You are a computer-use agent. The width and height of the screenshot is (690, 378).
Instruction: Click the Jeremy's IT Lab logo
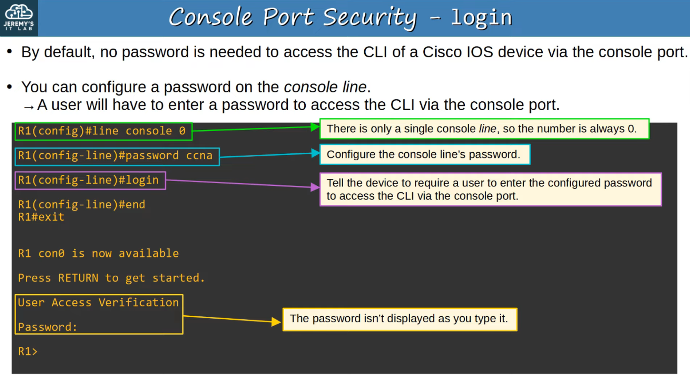point(19,17)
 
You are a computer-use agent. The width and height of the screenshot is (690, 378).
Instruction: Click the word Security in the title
point(369,17)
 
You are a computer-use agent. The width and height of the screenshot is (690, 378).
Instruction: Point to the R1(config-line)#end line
point(81,205)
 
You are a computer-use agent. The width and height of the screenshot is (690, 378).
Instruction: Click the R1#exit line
point(41,217)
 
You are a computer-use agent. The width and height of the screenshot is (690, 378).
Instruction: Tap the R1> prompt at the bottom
point(28,351)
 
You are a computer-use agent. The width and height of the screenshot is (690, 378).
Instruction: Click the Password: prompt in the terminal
point(48,327)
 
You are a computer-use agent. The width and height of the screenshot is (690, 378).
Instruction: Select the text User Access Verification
point(98,303)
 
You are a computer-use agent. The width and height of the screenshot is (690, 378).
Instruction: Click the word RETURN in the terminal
point(78,278)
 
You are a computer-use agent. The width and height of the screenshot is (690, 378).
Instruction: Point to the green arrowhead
point(315,127)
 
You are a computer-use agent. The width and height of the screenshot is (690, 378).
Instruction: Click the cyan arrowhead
point(315,153)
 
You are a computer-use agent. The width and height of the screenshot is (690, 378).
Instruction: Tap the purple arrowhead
point(315,187)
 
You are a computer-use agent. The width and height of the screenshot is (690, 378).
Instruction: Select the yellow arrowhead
point(276,321)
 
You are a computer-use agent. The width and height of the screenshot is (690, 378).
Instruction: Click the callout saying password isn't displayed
point(400,319)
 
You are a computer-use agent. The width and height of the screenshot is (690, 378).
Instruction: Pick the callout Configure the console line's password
point(424,154)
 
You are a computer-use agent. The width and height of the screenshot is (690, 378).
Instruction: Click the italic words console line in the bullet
point(325,87)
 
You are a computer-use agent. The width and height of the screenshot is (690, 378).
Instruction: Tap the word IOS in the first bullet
point(480,52)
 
